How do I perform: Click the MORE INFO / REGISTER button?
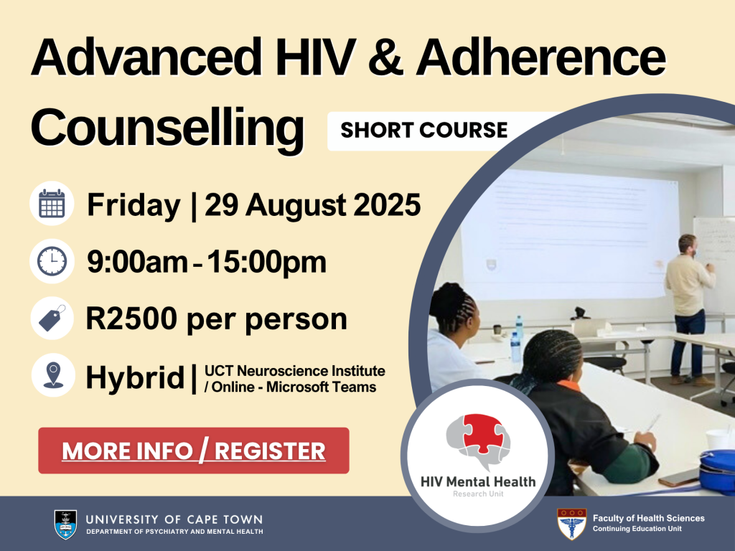194,451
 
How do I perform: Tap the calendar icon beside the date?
52,204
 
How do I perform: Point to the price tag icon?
52,318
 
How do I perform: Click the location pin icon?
52,375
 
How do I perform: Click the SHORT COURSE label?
423,131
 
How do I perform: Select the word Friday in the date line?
134,206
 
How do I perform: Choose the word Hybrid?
134,377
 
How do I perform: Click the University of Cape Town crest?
65,524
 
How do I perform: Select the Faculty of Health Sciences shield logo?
571,524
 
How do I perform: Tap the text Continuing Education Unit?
637,529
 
